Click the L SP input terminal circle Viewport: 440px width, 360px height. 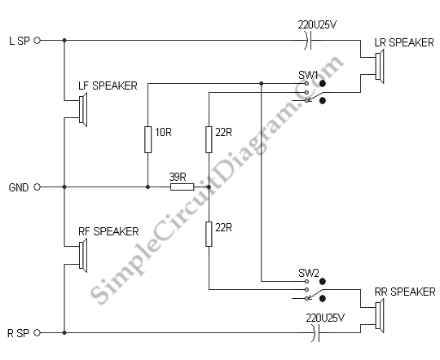(x=37, y=41)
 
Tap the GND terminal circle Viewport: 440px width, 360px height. (x=37, y=187)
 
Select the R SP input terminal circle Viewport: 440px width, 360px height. (x=37, y=333)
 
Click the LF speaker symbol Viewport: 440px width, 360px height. (x=83, y=109)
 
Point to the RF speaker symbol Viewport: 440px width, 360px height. (x=83, y=255)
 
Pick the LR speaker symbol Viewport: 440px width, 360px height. (x=380, y=66)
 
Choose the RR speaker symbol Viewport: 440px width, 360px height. (x=380, y=316)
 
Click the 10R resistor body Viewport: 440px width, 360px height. (x=147, y=139)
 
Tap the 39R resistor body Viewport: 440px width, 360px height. (x=183, y=187)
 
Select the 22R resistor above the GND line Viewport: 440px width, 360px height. (x=209, y=139)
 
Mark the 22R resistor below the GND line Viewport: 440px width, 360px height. (x=209, y=234)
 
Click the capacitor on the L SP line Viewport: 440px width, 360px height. (x=308, y=41)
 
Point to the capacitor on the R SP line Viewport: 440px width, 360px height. (x=316, y=333)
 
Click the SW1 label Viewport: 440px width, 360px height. (x=308, y=75)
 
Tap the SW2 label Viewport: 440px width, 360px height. (x=309, y=273)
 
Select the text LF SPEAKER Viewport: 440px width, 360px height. (x=108, y=86)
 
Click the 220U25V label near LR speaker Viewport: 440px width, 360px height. (x=317, y=24)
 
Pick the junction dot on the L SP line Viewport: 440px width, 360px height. (x=64, y=41)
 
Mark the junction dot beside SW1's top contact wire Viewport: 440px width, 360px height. (x=262, y=83)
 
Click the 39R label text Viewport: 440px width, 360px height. (x=178, y=177)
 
